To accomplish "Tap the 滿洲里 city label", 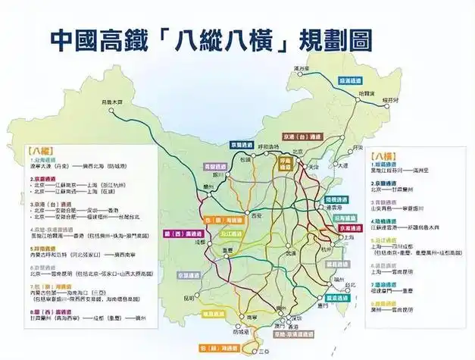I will coord(303,69).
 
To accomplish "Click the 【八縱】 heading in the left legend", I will coord(34,150).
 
